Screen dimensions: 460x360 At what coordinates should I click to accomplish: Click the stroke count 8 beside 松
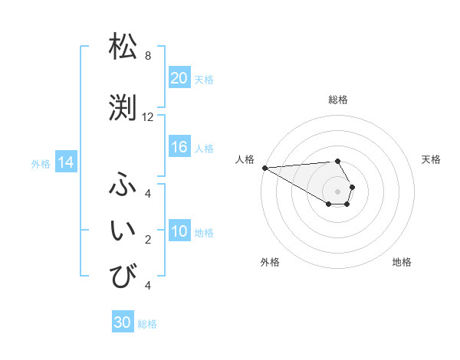tap(148, 56)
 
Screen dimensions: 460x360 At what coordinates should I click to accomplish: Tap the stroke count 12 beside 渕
tap(148, 117)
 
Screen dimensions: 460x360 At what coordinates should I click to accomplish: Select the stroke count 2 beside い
tap(148, 240)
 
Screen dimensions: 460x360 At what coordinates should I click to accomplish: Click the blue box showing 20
tap(179, 78)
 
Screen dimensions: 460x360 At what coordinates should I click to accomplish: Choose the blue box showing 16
tap(179, 148)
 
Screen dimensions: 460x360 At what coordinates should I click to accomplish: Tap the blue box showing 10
tap(179, 232)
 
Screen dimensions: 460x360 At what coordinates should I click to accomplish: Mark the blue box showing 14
tap(65, 162)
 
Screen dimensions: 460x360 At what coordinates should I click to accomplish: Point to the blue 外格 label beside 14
tap(41, 163)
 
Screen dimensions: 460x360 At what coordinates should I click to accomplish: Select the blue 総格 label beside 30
tap(147, 324)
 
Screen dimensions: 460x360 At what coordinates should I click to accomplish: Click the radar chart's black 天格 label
tap(431, 159)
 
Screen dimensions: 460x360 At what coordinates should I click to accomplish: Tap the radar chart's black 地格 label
tap(402, 262)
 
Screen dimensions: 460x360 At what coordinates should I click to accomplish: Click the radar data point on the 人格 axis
tap(264, 168)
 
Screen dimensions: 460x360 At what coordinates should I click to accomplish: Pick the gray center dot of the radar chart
tap(337, 191)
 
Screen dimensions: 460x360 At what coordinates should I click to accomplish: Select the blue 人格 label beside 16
tap(204, 149)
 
